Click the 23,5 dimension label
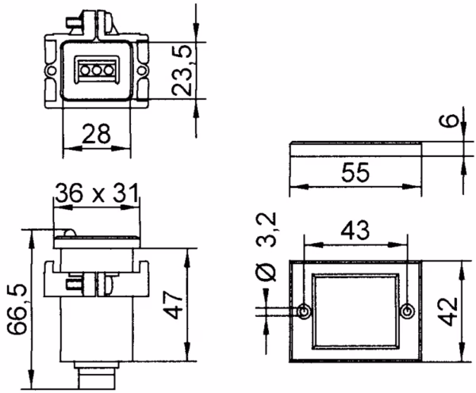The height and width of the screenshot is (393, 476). click(182, 71)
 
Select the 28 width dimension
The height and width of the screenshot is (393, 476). click(96, 133)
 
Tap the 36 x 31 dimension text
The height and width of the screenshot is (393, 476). click(97, 193)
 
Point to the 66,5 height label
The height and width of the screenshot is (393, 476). click(17, 309)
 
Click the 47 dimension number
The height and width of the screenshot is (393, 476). click(174, 305)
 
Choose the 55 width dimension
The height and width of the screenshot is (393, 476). click(355, 172)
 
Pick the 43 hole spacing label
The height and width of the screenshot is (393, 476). click(355, 230)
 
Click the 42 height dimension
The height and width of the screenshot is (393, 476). click(449, 311)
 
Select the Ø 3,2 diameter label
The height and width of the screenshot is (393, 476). click(267, 246)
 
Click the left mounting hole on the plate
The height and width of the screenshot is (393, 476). click(304, 311)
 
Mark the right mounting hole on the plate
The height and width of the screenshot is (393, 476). click(408, 311)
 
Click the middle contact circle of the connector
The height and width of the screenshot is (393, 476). click(97, 71)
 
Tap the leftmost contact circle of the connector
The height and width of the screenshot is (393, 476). click(85, 71)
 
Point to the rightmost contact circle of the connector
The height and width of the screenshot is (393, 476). click(109, 71)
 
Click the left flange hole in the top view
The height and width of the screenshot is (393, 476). click(51, 71)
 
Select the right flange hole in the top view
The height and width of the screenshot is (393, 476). click(142, 71)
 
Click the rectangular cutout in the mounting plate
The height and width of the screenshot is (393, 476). click(355, 311)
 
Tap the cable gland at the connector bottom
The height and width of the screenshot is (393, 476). click(97, 375)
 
